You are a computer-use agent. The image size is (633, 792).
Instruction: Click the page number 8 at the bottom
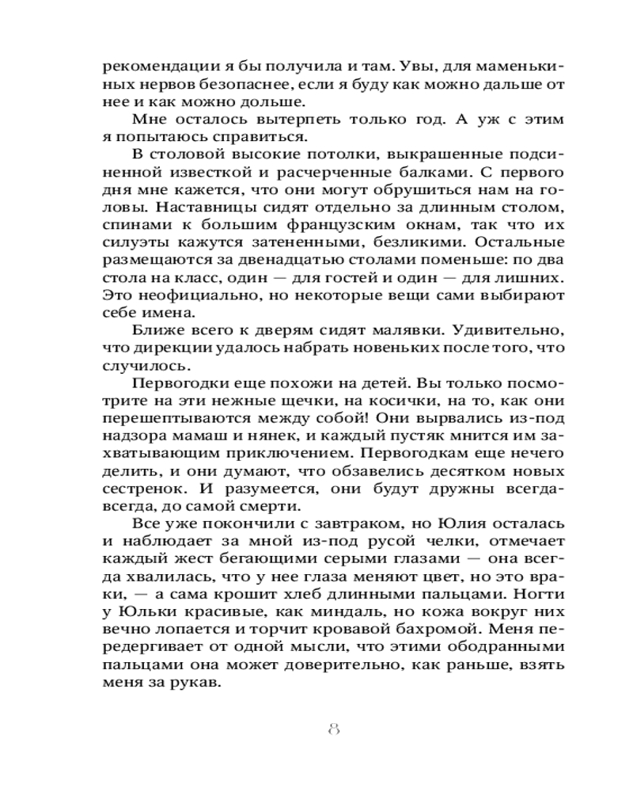click(333, 729)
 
